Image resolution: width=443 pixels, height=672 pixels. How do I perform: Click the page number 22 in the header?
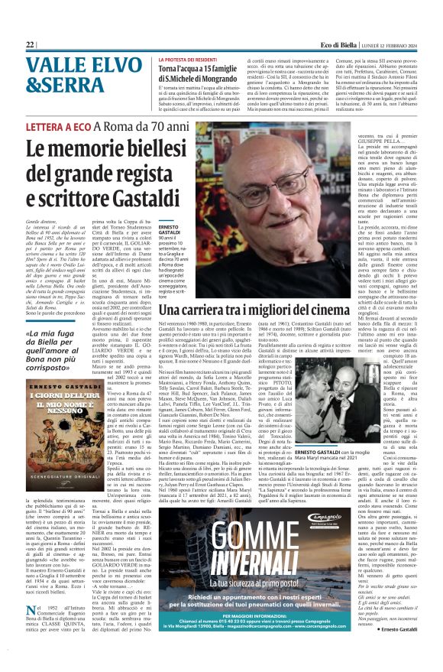coord(30,45)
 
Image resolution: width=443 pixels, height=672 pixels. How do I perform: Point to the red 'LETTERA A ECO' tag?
coord(54,128)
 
